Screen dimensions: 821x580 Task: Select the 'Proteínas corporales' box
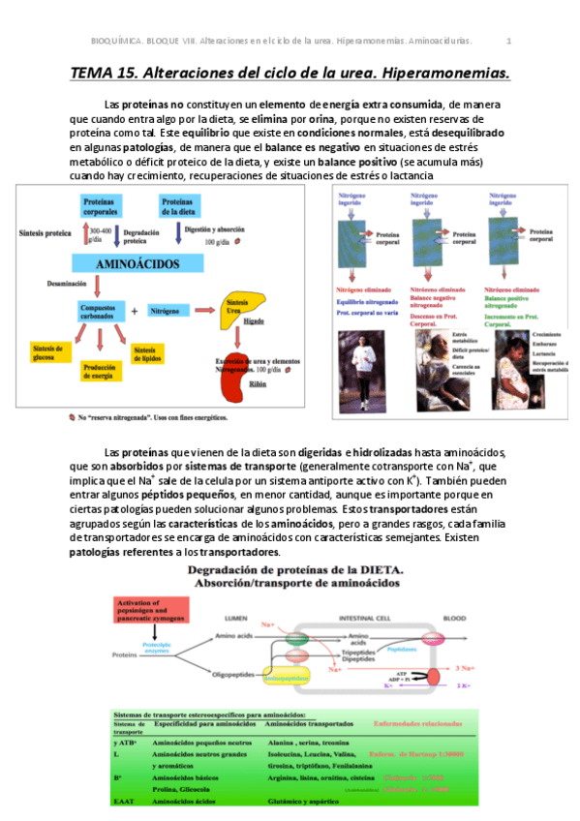(103, 205)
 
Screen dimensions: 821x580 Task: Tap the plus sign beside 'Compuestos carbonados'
(134, 311)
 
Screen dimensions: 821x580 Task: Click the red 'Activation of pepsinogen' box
(144, 613)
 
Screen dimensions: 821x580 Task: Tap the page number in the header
(508, 41)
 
